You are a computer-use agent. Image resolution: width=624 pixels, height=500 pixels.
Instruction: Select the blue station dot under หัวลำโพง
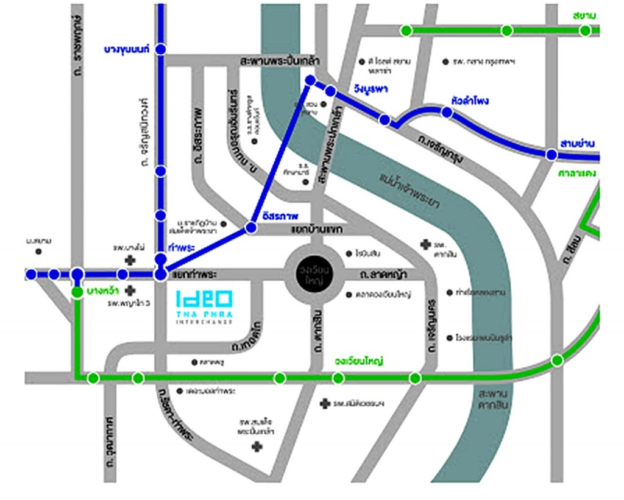pos(447,113)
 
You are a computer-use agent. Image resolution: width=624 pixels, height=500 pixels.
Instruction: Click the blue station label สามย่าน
pos(578,144)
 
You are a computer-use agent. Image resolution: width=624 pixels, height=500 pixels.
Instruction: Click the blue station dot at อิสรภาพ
pos(250,228)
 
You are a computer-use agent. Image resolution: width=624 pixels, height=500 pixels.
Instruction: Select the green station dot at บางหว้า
pos(77,293)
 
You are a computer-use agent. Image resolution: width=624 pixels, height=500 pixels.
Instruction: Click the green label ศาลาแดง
pos(576,173)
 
